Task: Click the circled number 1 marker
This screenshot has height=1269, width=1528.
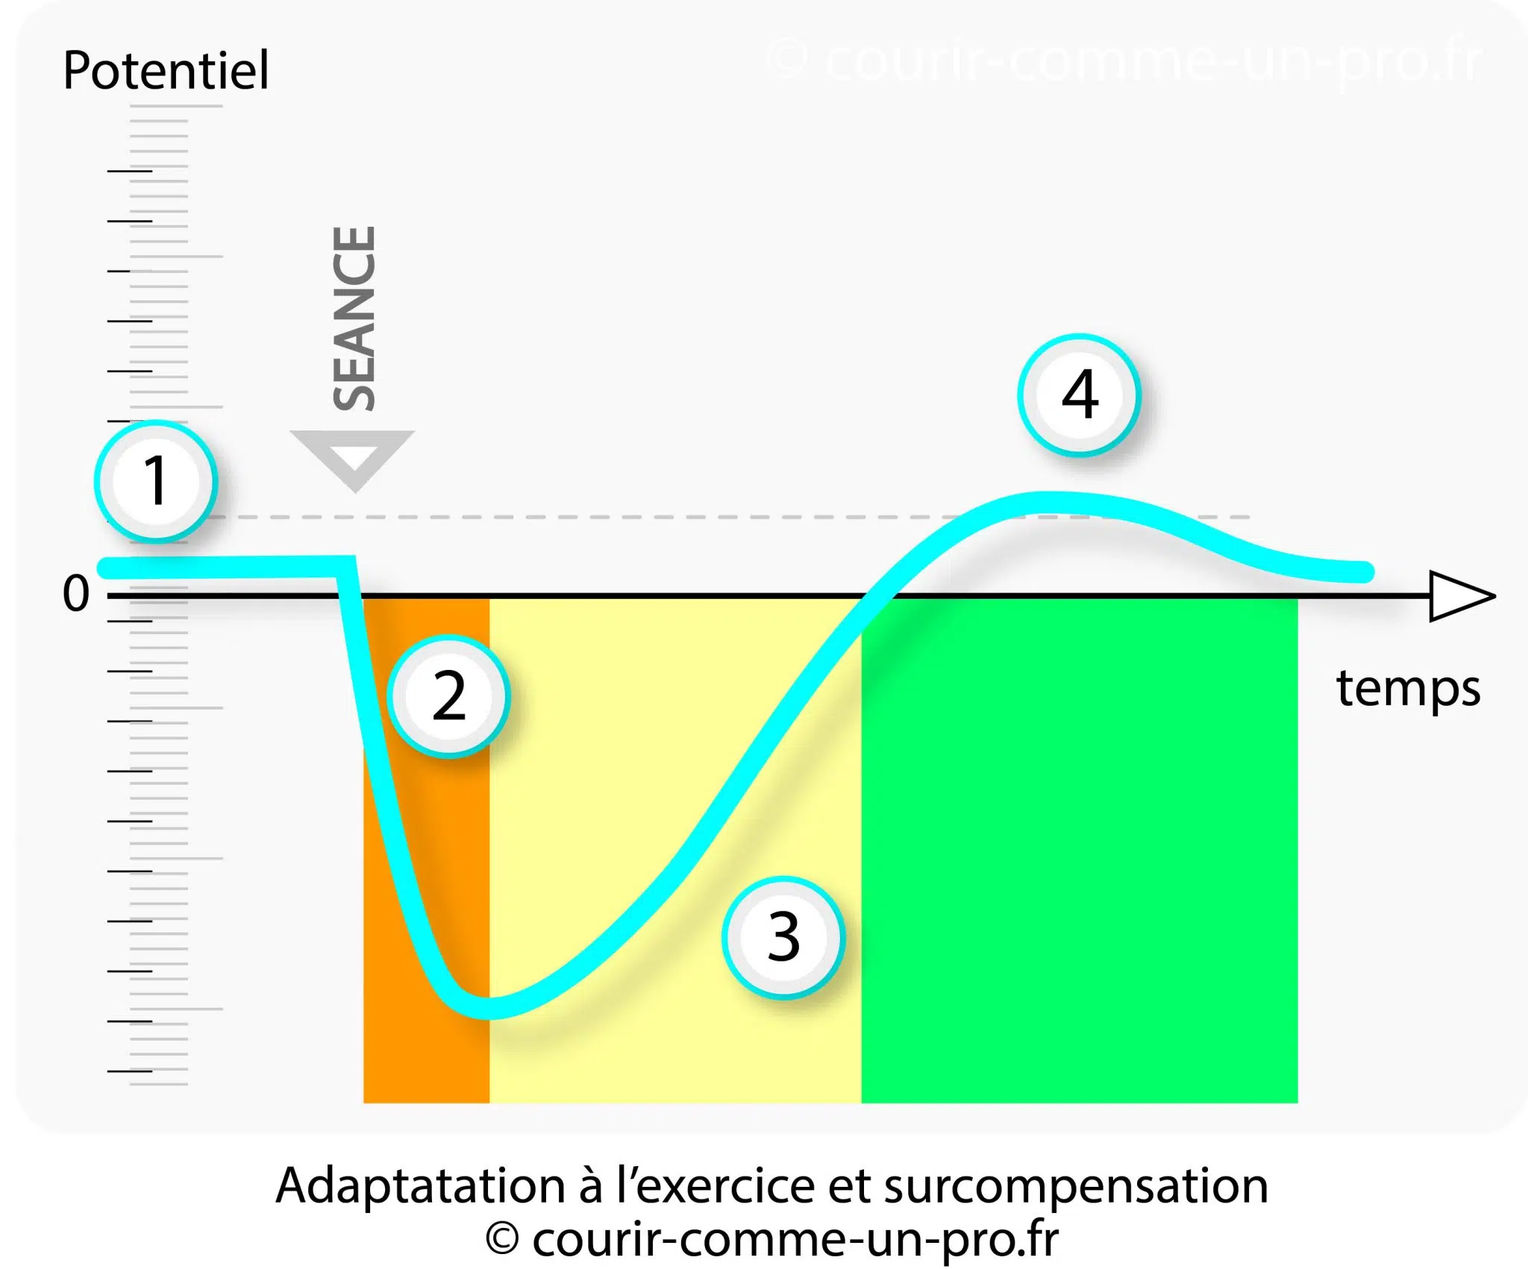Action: [x=155, y=480]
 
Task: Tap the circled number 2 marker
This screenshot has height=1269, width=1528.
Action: [x=448, y=696]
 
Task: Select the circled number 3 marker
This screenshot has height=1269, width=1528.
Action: [x=783, y=937]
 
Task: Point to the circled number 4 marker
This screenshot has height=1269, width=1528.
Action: [x=1079, y=395]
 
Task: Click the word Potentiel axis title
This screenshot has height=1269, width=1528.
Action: [x=166, y=71]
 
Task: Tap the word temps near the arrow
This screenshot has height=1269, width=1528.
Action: [x=1408, y=689]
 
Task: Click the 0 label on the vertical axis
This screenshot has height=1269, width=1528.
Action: [x=75, y=595]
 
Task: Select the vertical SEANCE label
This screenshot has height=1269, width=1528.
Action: [x=354, y=319]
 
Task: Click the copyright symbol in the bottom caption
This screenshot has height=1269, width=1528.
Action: [x=502, y=1240]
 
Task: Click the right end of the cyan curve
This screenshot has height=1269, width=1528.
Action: [x=1365, y=572]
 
